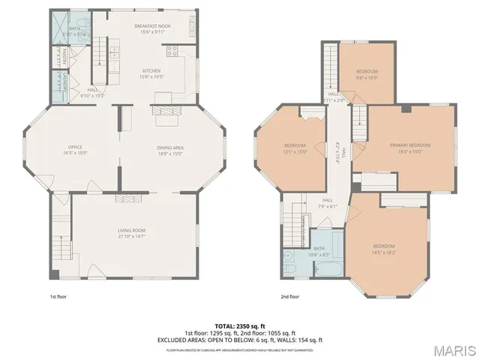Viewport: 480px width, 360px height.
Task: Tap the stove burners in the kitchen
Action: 172,51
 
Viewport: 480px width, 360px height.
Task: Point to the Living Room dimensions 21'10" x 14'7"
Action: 131,236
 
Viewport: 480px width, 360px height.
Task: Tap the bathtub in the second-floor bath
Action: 330,269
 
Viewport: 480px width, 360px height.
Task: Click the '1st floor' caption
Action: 57,296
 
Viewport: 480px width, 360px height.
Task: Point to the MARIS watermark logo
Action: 453,349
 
